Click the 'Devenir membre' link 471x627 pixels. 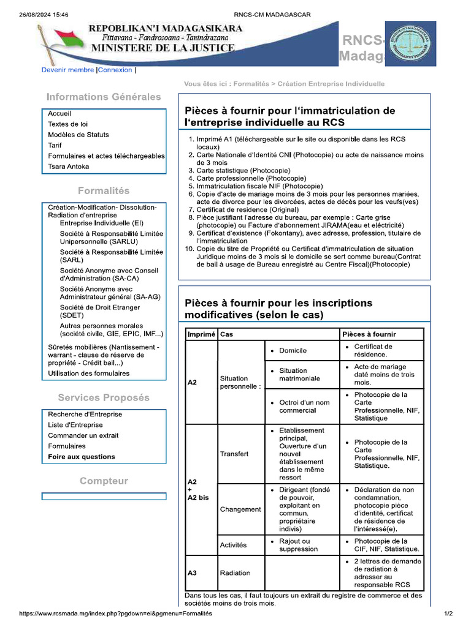(x=67, y=70)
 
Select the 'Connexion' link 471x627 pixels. (x=115, y=70)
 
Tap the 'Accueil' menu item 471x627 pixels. (x=59, y=113)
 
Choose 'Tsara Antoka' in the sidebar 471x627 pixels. (x=69, y=167)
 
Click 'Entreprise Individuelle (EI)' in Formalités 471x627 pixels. (x=101, y=223)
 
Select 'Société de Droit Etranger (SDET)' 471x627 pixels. (x=100, y=311)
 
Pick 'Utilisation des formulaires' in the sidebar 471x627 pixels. (x=89, y=373)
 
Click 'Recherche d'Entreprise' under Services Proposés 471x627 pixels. (x=85, y=414)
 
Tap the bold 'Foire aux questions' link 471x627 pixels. (x=82, y=457)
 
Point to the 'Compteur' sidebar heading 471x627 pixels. (x=104, y=481)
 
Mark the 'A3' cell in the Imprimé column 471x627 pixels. (x=192, y=573)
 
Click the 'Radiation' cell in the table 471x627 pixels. (x=235, y=573)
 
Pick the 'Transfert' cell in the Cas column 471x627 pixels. (x=234, y=454)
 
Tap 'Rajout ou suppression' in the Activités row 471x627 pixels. (x=294, y=545)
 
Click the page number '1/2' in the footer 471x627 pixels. (x=448, y=613)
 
